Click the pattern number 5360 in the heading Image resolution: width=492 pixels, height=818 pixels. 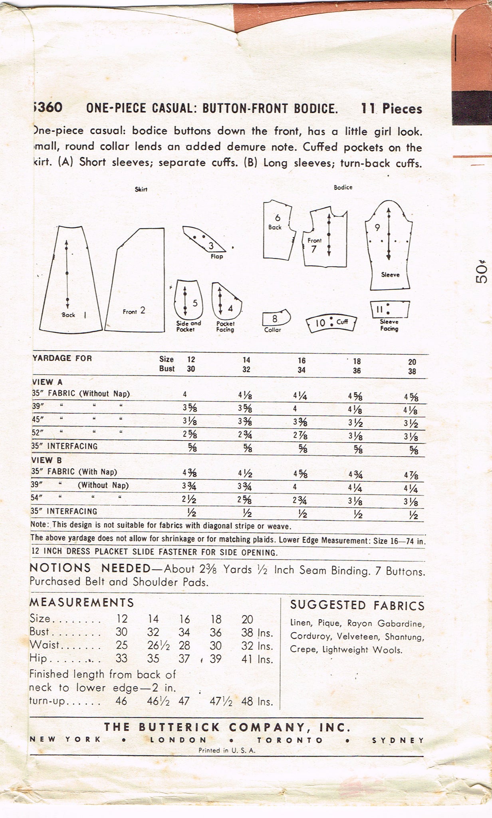47,108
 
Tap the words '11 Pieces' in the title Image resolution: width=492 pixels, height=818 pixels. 391,109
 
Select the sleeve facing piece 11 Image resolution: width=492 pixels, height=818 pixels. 389,309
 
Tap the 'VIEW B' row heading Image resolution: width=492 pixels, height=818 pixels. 46,460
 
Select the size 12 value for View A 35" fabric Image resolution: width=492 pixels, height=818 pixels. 185,394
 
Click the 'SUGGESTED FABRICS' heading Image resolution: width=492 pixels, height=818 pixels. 357,606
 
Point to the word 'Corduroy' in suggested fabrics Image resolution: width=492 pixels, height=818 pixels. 307,637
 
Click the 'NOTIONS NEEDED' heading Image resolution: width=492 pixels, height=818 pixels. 90,568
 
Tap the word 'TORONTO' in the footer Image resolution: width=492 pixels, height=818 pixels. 290,740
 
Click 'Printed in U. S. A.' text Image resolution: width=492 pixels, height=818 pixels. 227,750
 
